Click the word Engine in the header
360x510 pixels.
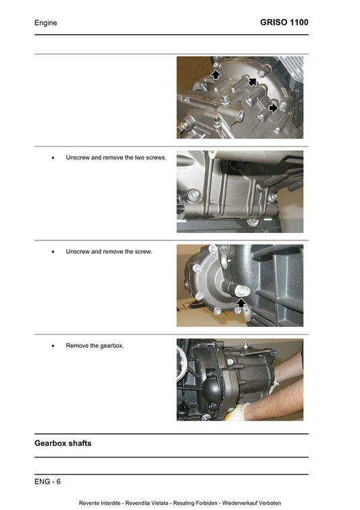point(45,23)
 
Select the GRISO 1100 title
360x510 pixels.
point(284,23)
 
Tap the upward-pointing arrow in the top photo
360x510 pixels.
point(215,74)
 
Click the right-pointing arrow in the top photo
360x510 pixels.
point(273,107)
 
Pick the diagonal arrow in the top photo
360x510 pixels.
point(252,82)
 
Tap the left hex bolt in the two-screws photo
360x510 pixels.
point(194,197)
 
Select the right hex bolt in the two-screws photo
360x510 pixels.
point(272,197)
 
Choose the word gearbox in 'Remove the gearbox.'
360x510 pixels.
point(110,346)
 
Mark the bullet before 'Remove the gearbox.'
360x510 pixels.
point(53,346)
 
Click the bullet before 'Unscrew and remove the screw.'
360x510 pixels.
point(53,252)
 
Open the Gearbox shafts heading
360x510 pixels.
point(63,443)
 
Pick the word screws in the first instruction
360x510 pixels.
point(155,157)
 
